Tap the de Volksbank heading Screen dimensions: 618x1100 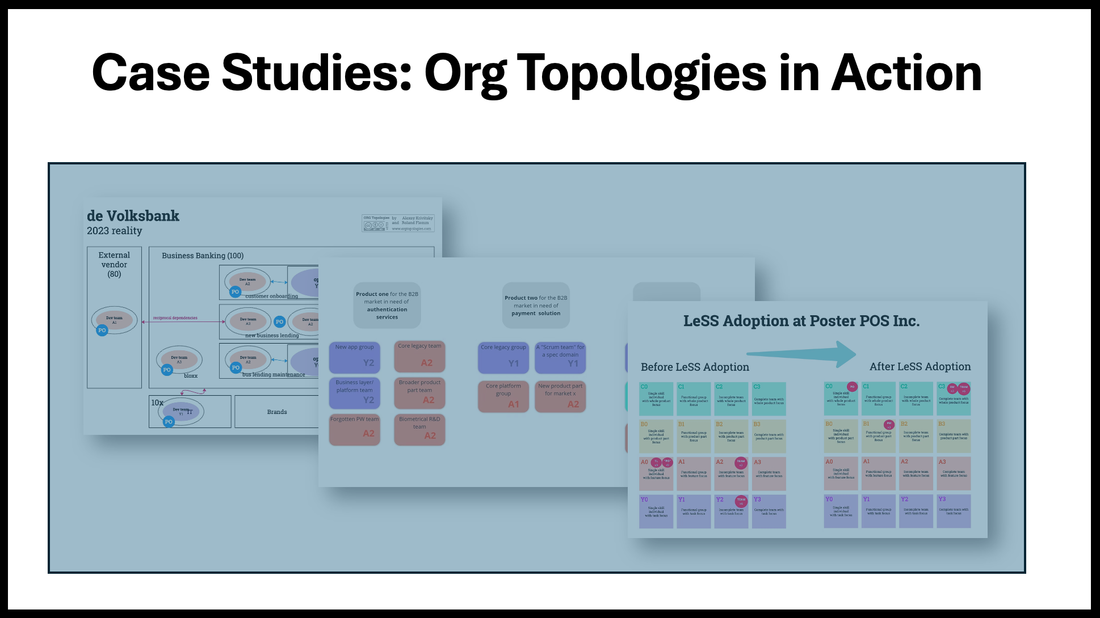tap(133, 216)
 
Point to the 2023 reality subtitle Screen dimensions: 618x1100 tap(114, 231)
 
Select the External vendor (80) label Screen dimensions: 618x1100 tap(114, 264)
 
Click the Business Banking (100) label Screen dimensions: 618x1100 tap(203, 256)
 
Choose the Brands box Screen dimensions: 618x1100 tap(277, 412)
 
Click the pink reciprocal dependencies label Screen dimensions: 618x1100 tap(175, 318)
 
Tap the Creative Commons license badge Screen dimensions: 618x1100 tap(375, 225)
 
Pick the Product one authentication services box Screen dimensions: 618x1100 tap(387, 306)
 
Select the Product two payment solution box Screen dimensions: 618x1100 tap(536, 306)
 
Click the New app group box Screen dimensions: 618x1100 tap(355, 357)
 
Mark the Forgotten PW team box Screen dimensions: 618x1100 tap(355, 429)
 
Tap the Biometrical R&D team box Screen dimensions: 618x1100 tap(419, 429)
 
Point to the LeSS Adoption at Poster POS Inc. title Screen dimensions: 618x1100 tap(801, 321)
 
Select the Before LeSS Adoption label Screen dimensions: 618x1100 tap(695, 367)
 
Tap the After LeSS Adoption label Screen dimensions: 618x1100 tap(920, 367)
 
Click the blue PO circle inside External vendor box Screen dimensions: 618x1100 tap(102, 330)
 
